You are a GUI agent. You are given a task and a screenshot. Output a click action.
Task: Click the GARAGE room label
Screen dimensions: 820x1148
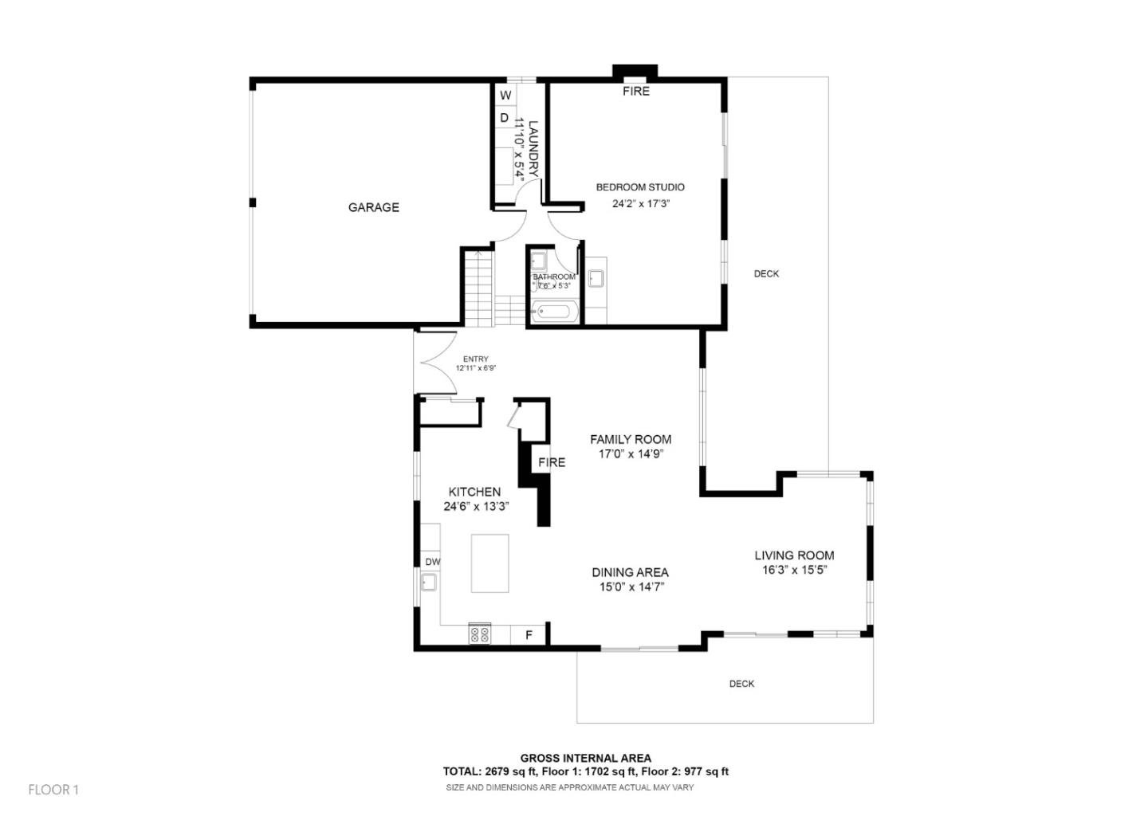point(373,207)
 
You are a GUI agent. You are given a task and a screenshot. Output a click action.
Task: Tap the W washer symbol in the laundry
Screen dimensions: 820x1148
point(505,96)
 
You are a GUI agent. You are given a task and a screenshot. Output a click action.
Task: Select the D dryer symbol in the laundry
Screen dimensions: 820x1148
point(504,118)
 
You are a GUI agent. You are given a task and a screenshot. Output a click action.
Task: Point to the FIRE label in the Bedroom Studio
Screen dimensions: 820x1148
point(635,92)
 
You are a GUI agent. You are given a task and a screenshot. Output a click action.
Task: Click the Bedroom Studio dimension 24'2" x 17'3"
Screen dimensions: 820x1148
point(640,203)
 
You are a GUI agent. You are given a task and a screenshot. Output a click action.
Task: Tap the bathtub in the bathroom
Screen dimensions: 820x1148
point(554,312)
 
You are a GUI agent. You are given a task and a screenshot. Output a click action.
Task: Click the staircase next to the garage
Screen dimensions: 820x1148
point(479,287)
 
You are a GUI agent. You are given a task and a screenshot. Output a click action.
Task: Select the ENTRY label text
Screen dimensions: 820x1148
point(475,359)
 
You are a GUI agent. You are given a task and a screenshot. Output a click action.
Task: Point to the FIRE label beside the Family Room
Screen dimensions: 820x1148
point(551,462)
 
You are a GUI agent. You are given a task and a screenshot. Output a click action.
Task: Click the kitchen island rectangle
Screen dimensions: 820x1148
point(489,563)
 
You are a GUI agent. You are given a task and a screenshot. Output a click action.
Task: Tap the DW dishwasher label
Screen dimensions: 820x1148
point(432,562)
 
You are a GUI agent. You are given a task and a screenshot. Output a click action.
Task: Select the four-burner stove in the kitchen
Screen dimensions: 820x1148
point(480,634)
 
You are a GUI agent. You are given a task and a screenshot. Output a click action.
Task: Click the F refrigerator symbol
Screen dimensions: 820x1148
point(528,635)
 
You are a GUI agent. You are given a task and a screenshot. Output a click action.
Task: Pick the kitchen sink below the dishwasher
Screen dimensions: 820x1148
point(428,583)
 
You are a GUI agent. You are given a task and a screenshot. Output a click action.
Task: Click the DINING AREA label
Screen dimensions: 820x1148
point(630,572)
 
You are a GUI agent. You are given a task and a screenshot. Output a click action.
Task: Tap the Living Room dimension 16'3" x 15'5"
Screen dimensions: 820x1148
point(794,570)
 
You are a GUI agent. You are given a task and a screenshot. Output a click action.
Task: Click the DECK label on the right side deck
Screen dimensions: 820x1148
point(766,274)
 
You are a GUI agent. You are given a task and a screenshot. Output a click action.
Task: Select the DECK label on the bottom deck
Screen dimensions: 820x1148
point(741,684)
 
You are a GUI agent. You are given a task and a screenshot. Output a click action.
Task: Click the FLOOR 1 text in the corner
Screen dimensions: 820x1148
point(53,790)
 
